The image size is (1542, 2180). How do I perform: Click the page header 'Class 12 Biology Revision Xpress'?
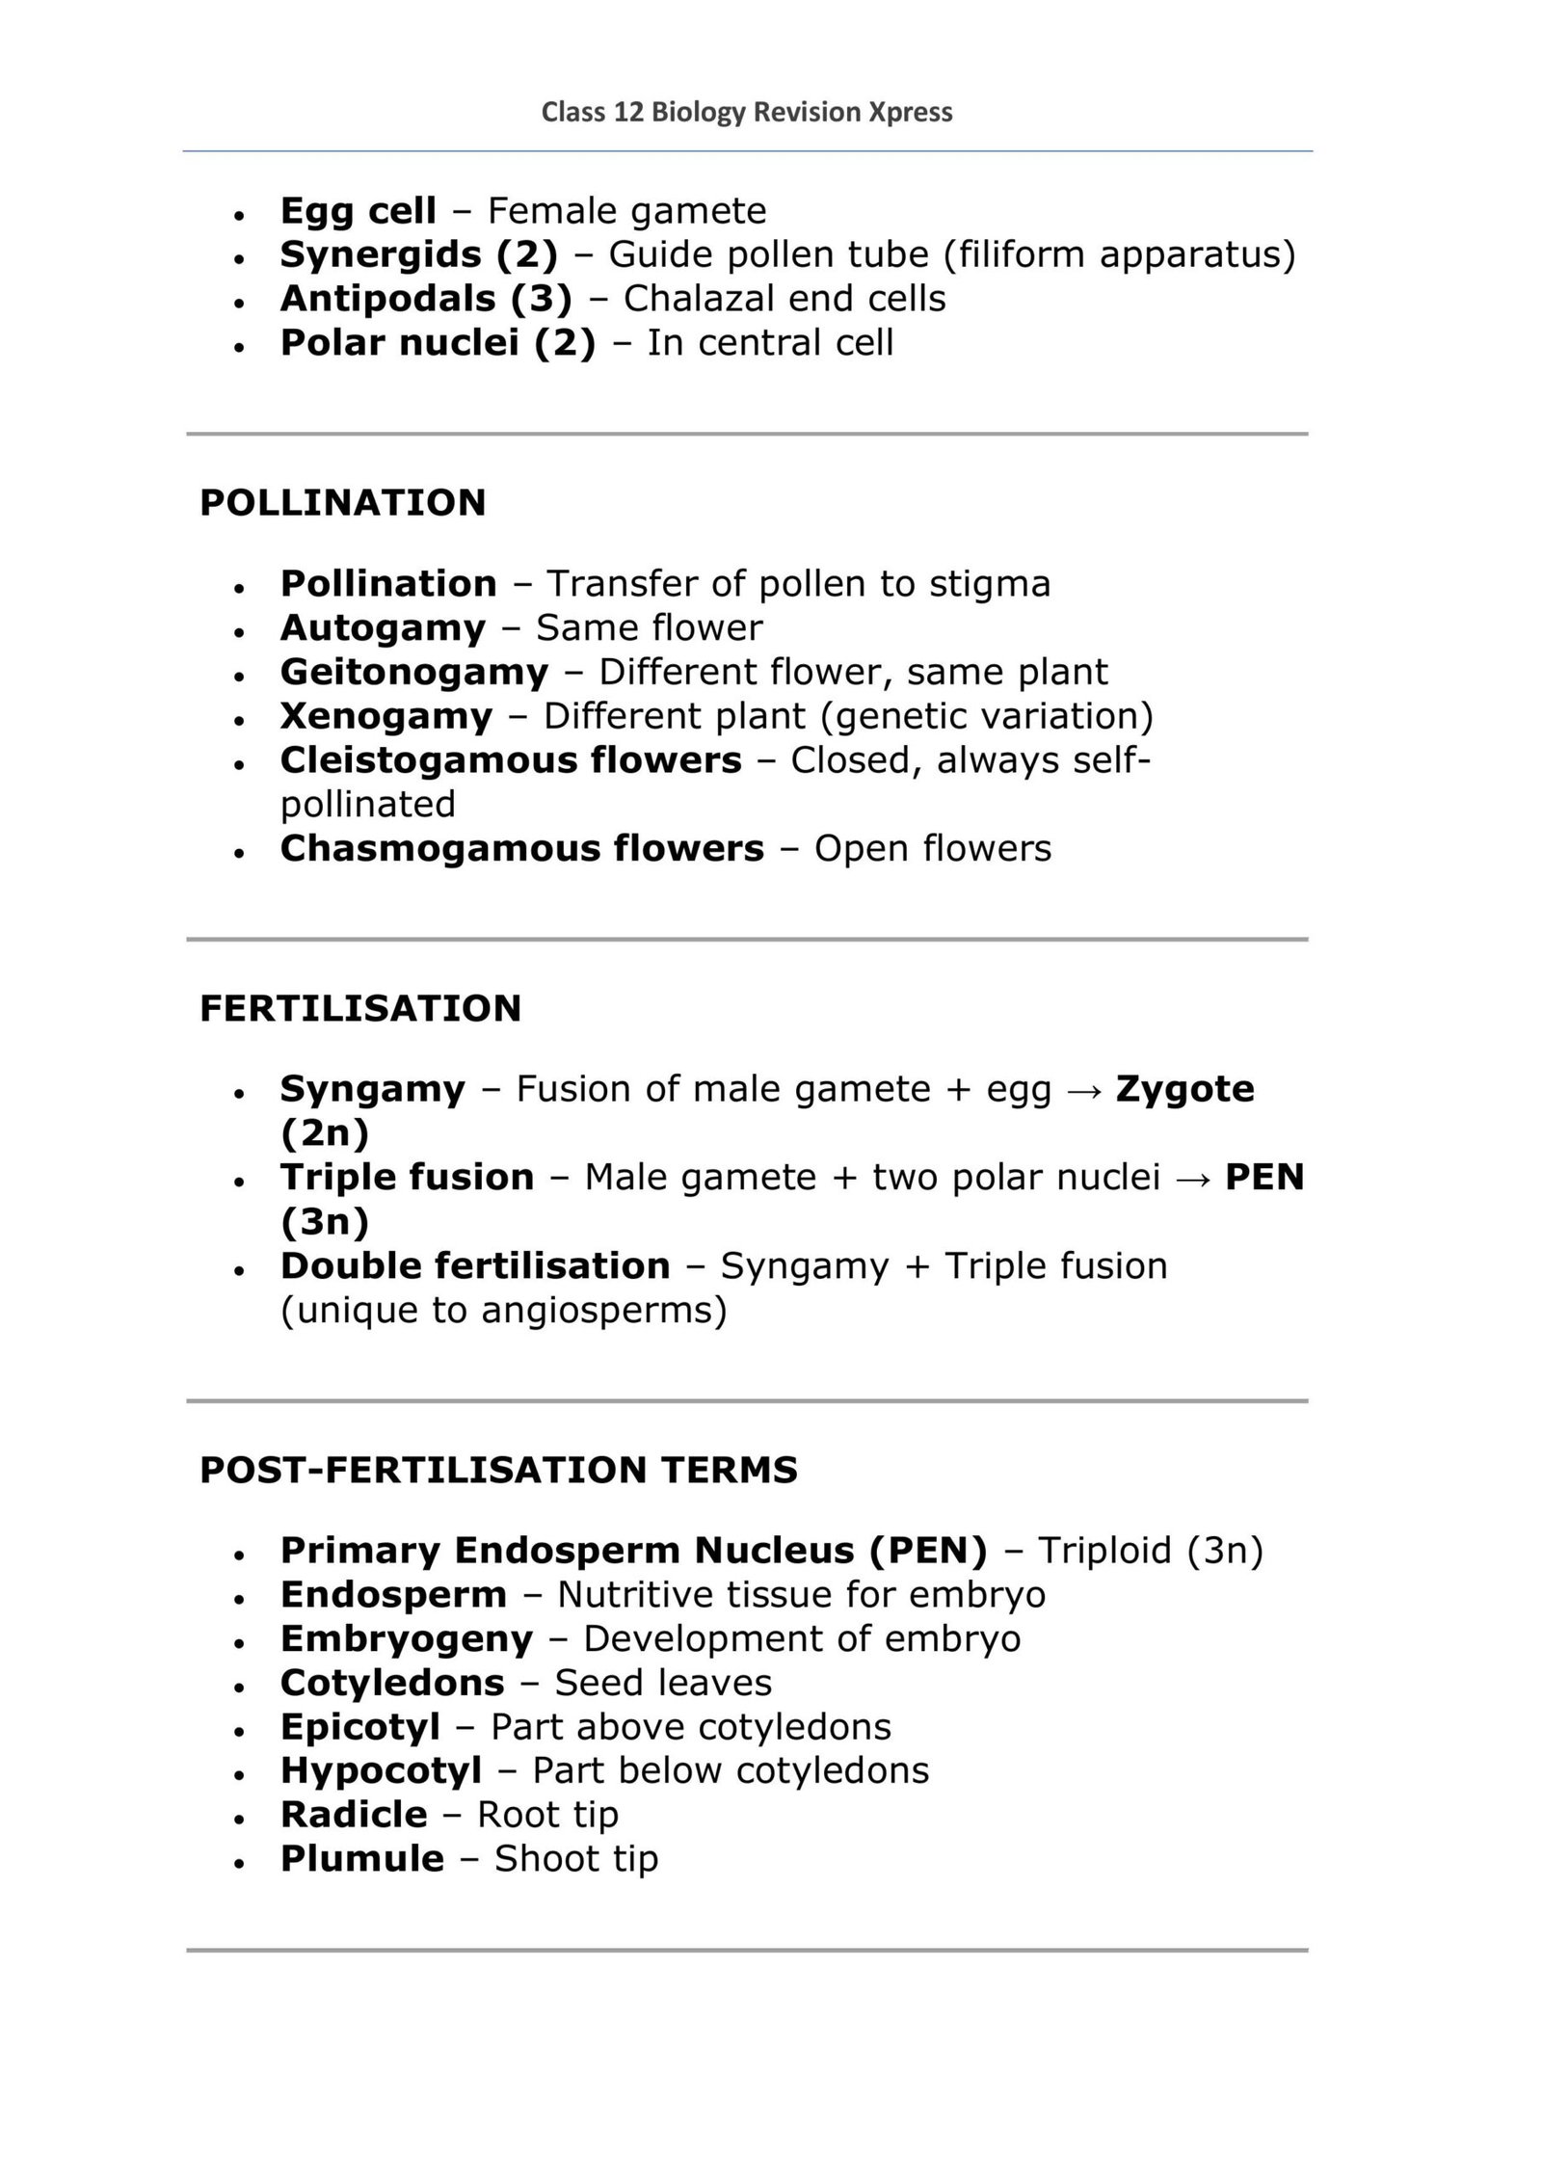(x=746, y=113)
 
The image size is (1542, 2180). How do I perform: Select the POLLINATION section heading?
(x=342, y=503)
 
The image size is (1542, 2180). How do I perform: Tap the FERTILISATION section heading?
(x=359, y=1008)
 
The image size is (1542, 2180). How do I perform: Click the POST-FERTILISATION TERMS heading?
(x=498, y=1470)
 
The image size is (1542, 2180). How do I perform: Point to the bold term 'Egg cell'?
(x=358, y=210)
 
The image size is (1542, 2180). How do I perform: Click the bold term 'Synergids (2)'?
(x=418, y=254)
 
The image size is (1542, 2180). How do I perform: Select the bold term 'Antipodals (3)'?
(x=426, y=299)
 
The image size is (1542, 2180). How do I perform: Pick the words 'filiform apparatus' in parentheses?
(x=1119, y=254)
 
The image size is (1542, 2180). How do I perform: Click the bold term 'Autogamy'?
(x=383, y=628)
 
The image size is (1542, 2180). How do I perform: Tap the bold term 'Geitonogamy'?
(x=413, y=672)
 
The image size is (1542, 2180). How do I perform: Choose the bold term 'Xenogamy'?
(x=385, y=716)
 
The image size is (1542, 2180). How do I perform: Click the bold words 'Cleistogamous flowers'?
(x=511, y=760)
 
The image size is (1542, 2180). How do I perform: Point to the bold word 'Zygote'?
(x=1184, y=1089)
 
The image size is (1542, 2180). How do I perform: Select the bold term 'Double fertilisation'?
(x=474, y=1265)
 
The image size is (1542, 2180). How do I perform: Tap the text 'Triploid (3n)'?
(x=1150, y=1551)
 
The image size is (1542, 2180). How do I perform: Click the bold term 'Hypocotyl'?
(x=381, y=1770)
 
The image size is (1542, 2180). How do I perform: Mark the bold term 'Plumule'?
(x=361, y=1859)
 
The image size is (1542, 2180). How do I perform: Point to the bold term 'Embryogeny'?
(x=406, y=1638)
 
